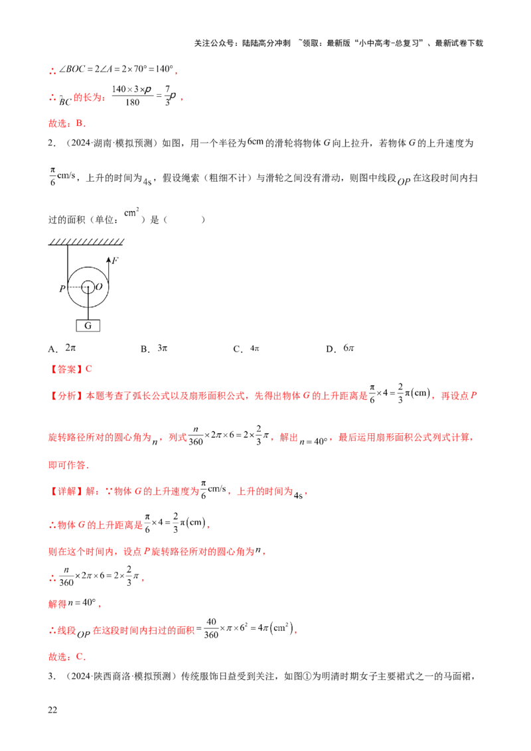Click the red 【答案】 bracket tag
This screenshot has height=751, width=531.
pyautogui.click(x=63, y=369)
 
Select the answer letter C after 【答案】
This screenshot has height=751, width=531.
pyautogui.click(x=90, y=369)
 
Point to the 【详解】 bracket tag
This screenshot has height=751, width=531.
pyautogui.click(x=64, y=492)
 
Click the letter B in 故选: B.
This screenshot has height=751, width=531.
pyautogui.click(x=80, y=123)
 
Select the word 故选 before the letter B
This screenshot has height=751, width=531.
pyautogui.click(x=58, y=123)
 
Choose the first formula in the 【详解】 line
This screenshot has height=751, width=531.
pyautogui.click(x=214, y=491)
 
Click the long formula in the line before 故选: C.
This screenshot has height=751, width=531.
pyautogui.click(x=249, y=630)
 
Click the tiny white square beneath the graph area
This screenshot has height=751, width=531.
pyautogui.click(x=253, y=342)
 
